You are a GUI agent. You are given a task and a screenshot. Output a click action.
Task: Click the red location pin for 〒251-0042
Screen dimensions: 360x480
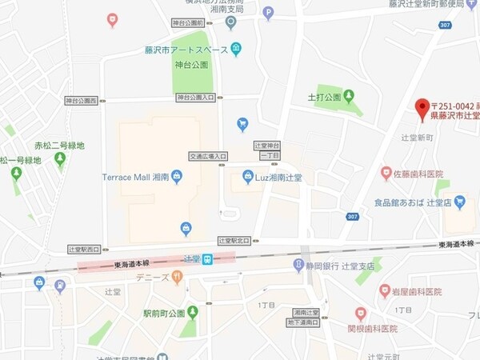pyautogui.click(x=421, y=109)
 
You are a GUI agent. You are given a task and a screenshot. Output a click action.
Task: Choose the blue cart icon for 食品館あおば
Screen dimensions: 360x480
pyautogui.click(x=459, y=203)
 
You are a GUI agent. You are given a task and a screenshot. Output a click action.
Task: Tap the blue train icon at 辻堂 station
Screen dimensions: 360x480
pyautogui.click(x=207, y=258)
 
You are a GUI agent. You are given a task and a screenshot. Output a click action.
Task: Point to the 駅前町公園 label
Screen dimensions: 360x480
pyautogui.click(x=164, y=313)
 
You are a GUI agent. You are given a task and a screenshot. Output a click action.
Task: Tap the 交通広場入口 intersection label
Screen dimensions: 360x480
pyautogui.click(x=208, y=156)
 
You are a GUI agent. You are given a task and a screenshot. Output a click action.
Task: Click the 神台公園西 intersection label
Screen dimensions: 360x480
pyautogui.click(x=82, y=101)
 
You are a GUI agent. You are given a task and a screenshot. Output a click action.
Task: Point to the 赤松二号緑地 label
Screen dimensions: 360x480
pyautogui.click(x=59, y=146)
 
